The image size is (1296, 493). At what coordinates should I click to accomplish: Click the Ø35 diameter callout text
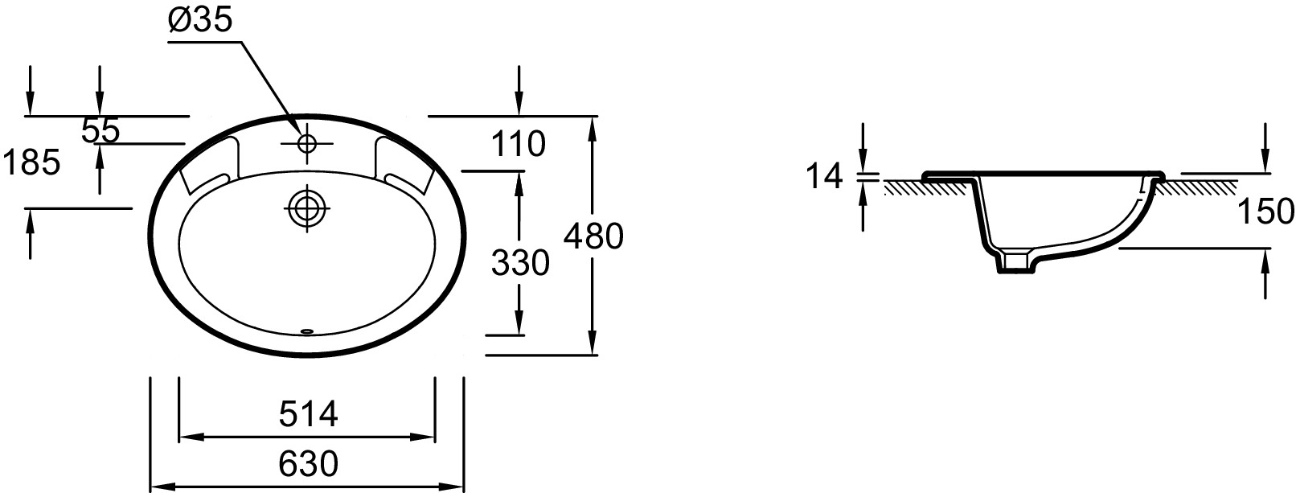tap(199, 20)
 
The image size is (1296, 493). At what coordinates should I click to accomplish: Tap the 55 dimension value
tap(100, 131)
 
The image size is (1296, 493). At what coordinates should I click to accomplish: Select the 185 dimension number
tap(31, 162)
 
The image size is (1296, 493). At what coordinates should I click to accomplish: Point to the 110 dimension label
tap(519, 144)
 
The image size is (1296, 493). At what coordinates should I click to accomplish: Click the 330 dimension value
tap(520, 263)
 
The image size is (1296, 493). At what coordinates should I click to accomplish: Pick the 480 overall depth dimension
tap(593, 236)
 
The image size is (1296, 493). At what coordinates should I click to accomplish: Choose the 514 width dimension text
tap(308, 414)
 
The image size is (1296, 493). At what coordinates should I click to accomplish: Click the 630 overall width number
tap(308, 464)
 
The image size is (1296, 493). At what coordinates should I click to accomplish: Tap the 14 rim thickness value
tap(824, 176)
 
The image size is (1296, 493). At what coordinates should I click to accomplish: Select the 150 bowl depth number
tap(1265, 211)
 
